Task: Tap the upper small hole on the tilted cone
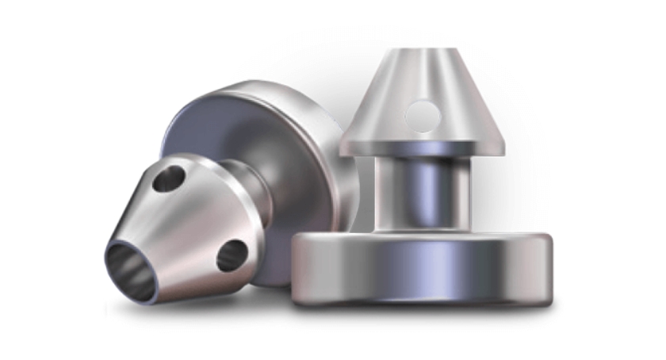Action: click(x=168, y=180)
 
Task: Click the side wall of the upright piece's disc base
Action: click(x=420, y=274)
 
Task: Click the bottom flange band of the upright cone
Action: click(x=422, y=145)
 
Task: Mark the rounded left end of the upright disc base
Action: click(x=297, y=270)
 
